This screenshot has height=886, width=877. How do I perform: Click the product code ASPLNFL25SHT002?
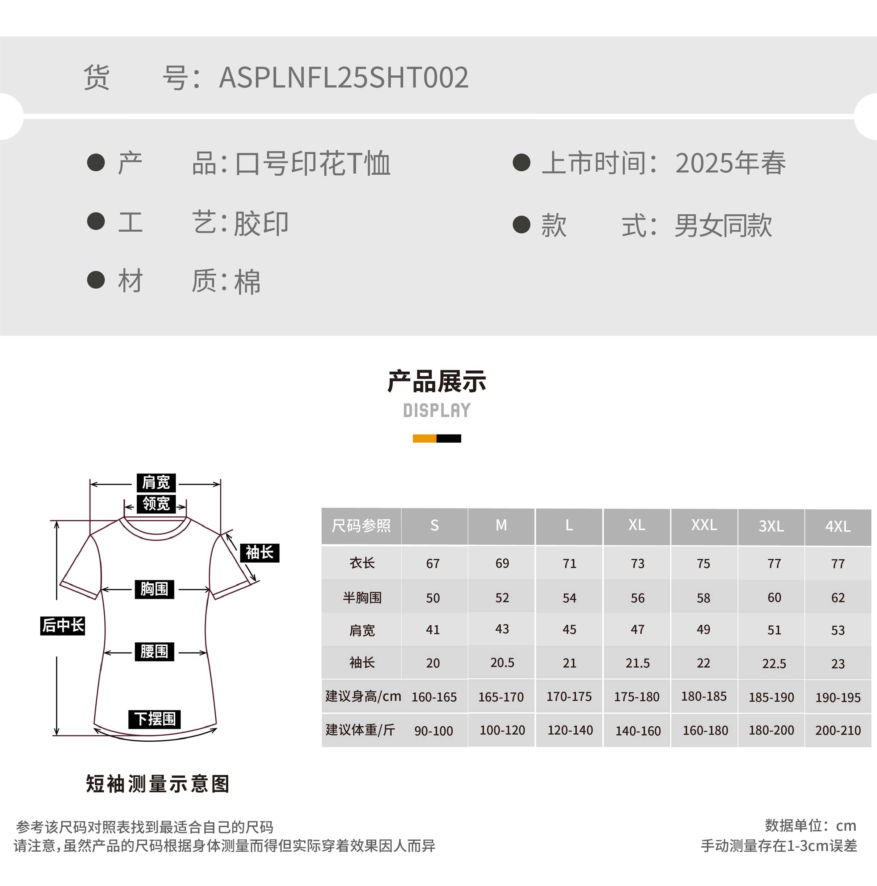344,77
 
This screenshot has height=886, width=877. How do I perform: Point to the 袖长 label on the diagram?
260,553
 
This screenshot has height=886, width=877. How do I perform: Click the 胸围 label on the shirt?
154,589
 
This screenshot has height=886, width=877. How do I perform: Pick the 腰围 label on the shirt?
154,651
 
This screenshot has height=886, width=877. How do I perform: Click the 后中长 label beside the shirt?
63,625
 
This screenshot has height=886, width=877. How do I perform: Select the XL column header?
637,525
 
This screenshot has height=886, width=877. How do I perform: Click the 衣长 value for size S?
433,564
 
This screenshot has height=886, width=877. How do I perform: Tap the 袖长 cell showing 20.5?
502,663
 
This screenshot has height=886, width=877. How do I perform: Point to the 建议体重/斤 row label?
361,729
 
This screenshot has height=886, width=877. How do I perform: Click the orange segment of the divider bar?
424,438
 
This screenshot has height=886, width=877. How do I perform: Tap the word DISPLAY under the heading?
437,410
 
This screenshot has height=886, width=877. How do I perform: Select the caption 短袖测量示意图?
157,784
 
